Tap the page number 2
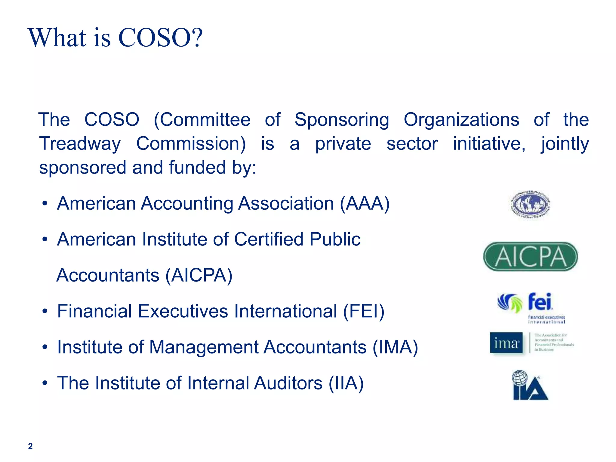30,446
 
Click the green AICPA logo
530,257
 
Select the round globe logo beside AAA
531,205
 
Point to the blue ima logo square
506,343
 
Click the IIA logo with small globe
530,386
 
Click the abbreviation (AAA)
365,204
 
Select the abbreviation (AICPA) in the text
199,275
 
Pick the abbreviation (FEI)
364,311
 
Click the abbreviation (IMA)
395,347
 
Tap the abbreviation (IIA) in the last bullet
346,383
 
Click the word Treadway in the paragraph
80,144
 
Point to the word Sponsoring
341,120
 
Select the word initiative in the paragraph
489,144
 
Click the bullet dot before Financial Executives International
45,312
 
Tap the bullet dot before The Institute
45,383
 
